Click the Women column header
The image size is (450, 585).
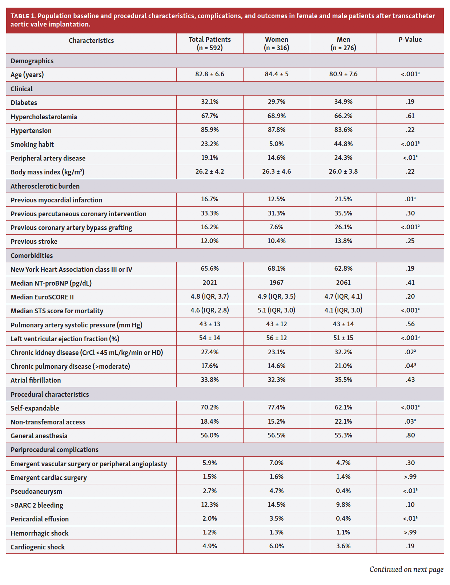[x=276, y=43]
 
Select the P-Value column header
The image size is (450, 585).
[x=410, y=40]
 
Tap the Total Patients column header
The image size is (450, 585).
[x=209, y=43]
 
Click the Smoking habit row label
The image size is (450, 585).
[x=32, y=144]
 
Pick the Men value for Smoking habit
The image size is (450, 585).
[x=343, y=144]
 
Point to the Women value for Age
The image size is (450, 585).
[x=276, y=74]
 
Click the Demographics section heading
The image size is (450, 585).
[x=32, y=61]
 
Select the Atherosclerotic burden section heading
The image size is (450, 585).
[x=45, y=186]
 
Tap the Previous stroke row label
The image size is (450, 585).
[x=34, y=241]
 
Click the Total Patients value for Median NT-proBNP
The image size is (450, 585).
[x=209, y=283]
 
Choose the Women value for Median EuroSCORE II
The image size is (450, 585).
[x=276, y=296]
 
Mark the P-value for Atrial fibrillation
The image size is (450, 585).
[x=410, y=380]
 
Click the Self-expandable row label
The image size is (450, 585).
[x=35, y=408]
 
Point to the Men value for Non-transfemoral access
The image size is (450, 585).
[x=343, y=421]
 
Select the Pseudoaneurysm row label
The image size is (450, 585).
[x=36, y=491]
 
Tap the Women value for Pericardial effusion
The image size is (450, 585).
[x=276, y=519]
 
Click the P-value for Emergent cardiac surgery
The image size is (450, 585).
[x=410, y=477]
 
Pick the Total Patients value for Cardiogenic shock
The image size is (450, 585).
[x=209, y=546]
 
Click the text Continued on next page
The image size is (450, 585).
[x=406, y=569]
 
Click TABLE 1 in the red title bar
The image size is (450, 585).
[x=23, y=16]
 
